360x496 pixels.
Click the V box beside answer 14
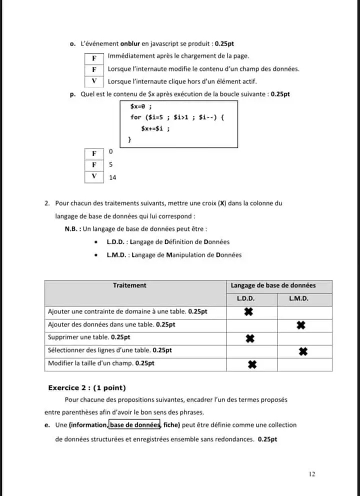94,176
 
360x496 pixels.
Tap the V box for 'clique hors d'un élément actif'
94,81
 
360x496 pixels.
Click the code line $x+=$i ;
155,128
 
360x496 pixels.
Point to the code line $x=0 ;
140,106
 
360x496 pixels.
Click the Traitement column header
129,285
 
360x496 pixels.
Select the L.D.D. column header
245,298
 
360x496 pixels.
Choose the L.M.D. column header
298,298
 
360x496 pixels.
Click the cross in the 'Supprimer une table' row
251,338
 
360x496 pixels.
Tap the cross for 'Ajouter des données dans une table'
300,325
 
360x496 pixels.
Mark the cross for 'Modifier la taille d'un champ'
252,364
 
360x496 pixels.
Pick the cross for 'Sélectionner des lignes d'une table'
302,351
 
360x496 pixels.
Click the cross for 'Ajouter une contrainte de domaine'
248,312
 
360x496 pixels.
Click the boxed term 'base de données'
134,425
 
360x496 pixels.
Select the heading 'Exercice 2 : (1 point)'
87,388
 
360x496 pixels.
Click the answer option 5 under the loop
110,164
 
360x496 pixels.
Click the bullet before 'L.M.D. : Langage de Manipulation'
96,255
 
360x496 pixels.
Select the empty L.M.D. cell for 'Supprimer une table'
304,338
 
